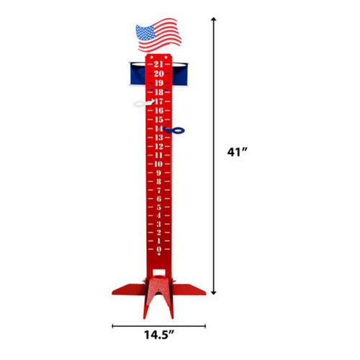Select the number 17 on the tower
click(x=158, y=102)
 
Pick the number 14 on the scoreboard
click(x=158, y=128)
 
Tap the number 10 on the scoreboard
click(x=158, y=163)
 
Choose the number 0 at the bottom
click(x=158, y=250)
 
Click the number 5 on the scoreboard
click(x=158, y=207)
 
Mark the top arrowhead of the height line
click(x=213, y=22)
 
